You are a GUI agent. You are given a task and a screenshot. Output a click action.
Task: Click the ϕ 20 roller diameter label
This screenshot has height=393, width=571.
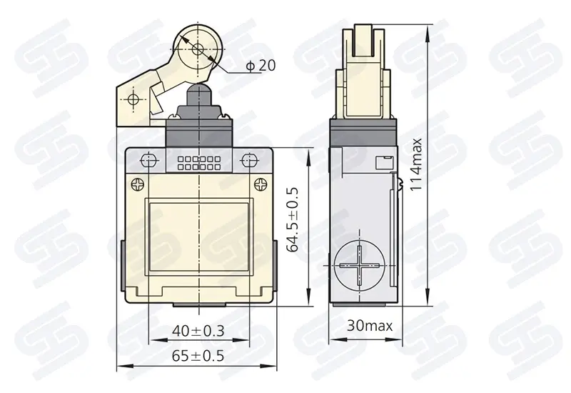(261, 66)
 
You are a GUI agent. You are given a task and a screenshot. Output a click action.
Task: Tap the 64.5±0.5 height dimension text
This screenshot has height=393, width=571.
(293, 219)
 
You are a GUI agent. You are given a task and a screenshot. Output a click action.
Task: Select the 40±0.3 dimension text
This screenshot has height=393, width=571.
(198, 331)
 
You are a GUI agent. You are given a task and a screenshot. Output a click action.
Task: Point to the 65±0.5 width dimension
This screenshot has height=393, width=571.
(198, 356)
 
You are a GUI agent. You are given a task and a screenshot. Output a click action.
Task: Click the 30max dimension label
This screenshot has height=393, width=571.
(370, 326)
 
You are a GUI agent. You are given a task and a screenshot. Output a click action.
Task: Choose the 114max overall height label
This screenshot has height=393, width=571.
(416, 164)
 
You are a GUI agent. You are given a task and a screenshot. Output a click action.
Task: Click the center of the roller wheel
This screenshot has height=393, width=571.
(198, 49)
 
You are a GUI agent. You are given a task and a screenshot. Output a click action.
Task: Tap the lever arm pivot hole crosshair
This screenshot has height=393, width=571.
(133, 99)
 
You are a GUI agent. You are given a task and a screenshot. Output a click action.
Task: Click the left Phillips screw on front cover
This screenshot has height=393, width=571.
(136, 184)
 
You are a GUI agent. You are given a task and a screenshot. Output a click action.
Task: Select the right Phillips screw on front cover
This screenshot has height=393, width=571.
(261, 184)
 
